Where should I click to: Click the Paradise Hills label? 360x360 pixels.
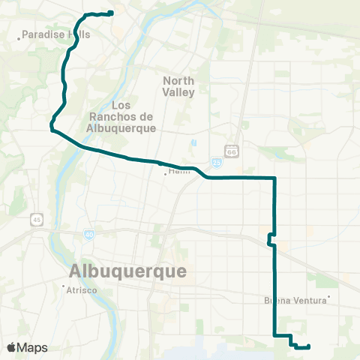(x=49, y=34)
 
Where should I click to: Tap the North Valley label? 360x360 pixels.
(x=178, y=86)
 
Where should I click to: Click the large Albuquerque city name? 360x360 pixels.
(x=127, y=271)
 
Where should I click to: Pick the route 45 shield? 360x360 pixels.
(x=36, y=219)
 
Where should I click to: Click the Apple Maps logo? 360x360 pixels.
(x=27, y=348)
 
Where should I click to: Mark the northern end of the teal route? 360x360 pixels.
(x=111, y=12)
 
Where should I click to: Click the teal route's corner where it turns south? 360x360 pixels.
(x=275, y=178)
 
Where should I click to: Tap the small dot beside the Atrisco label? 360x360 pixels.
(x=64, y=286)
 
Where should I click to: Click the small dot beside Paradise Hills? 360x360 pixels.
(x=19, y=34)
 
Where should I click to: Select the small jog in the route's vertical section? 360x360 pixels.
(x=270, y=239)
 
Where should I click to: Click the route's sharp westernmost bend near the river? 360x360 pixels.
(x=52, y=128)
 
